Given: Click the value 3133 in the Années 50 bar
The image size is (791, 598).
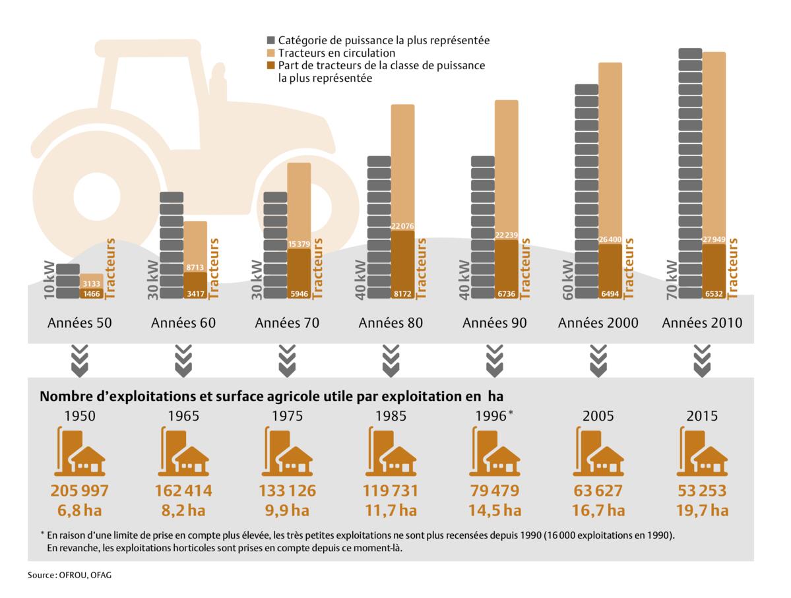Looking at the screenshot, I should [92, 284].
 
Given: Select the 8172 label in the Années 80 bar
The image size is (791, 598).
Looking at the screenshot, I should [402, 293].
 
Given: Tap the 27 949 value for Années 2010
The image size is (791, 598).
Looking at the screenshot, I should [714, 239].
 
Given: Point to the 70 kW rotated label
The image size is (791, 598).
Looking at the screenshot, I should [672, 280].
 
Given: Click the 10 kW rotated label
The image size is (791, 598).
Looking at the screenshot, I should [49, 284].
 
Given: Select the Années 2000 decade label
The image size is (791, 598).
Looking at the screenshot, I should [598, 323].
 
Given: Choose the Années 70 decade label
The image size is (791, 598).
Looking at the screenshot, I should [287, 323].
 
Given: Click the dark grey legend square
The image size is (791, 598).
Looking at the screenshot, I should [270, 40].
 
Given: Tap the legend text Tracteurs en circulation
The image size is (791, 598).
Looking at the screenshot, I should [336, 53].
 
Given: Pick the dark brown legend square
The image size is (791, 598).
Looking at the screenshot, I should [270, 65].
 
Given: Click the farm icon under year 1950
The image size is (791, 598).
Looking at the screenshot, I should [79, 452].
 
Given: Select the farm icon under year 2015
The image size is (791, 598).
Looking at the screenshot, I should [702, 452].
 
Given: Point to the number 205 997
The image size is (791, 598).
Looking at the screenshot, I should [79, 491].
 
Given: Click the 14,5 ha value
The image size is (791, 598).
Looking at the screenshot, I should [494, 510].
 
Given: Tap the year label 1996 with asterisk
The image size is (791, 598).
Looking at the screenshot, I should [494, 416].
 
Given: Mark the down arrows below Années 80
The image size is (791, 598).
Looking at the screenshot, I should [391, 361].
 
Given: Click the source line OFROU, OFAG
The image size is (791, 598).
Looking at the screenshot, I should [69, 576].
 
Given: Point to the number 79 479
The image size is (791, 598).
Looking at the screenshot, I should [494, 491].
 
